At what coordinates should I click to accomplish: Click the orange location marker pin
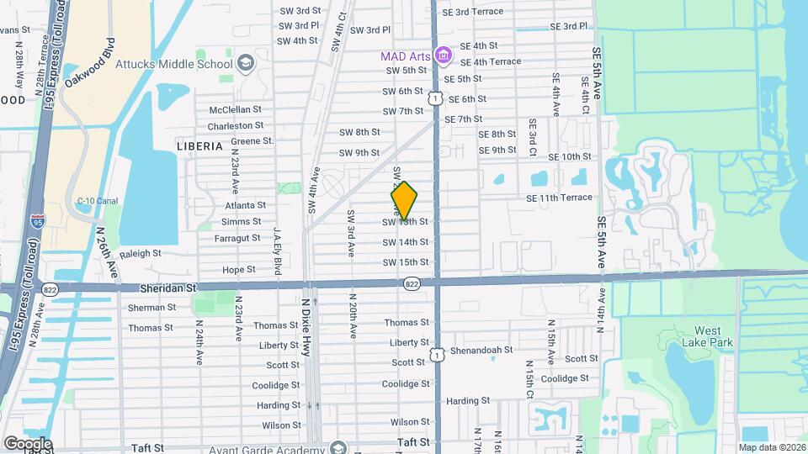404,200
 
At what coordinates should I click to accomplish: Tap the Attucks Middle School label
186,64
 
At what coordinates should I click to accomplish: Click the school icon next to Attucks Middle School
245,63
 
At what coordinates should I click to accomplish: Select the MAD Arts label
406,56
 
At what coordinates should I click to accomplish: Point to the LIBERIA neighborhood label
200,145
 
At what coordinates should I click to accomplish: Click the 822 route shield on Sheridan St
412,283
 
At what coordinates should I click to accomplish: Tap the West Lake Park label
707,336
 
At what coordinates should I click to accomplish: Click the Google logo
27,443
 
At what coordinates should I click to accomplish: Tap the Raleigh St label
140,253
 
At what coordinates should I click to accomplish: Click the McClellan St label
236,109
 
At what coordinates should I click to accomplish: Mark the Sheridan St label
168,288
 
